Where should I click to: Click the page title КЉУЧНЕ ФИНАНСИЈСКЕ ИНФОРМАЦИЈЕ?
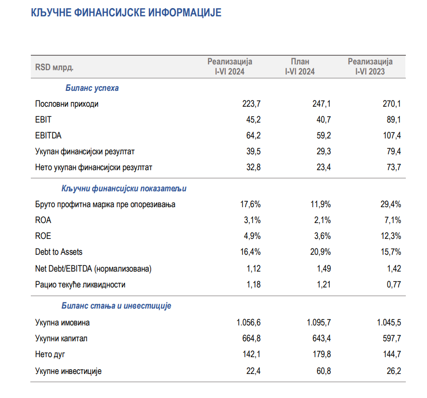click(126, 13)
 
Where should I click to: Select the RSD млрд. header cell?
click(54, 67)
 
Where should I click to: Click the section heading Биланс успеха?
click(92, 88)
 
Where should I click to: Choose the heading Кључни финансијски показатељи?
click(124, 189)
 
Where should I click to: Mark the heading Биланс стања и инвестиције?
click(116, 306)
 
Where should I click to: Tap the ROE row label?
click(43, 236)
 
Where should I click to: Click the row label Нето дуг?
click(50, 355)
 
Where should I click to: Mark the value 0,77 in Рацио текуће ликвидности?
click(392, 285)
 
